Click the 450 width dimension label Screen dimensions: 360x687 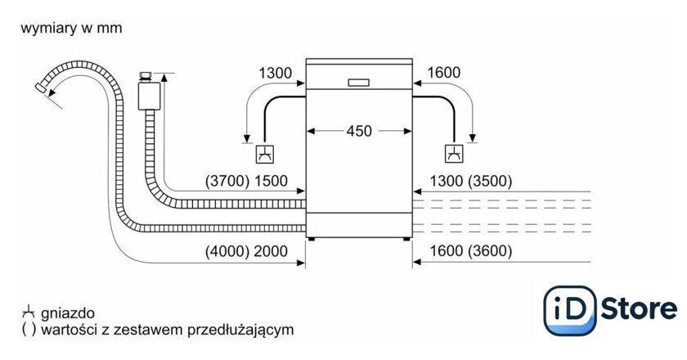click(358, 131)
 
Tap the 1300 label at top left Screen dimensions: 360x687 click(275, 74)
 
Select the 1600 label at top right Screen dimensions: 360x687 click(443, 74)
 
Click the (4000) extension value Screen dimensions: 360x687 click(227, 252)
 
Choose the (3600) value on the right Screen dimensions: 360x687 click(488, 252)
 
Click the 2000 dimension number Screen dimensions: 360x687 click(272, 252)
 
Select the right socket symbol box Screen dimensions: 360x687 click(453, 153)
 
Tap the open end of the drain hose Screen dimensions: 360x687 click(43, 87)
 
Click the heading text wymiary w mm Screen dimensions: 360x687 click(71, 29)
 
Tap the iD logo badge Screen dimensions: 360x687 click(569, 309)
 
